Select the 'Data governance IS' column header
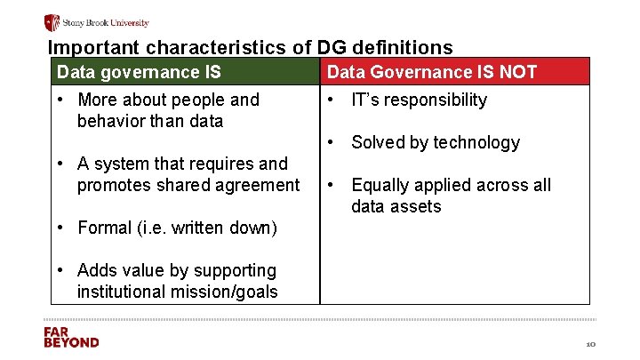(x=139, y=72)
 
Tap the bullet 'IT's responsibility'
(x=419, y=100)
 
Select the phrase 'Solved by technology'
(x=435, y=142)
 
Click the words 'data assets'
(x=396, y=206)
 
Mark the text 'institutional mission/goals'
(x=177, y=292)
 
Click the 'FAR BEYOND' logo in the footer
(x=71, y=337)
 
